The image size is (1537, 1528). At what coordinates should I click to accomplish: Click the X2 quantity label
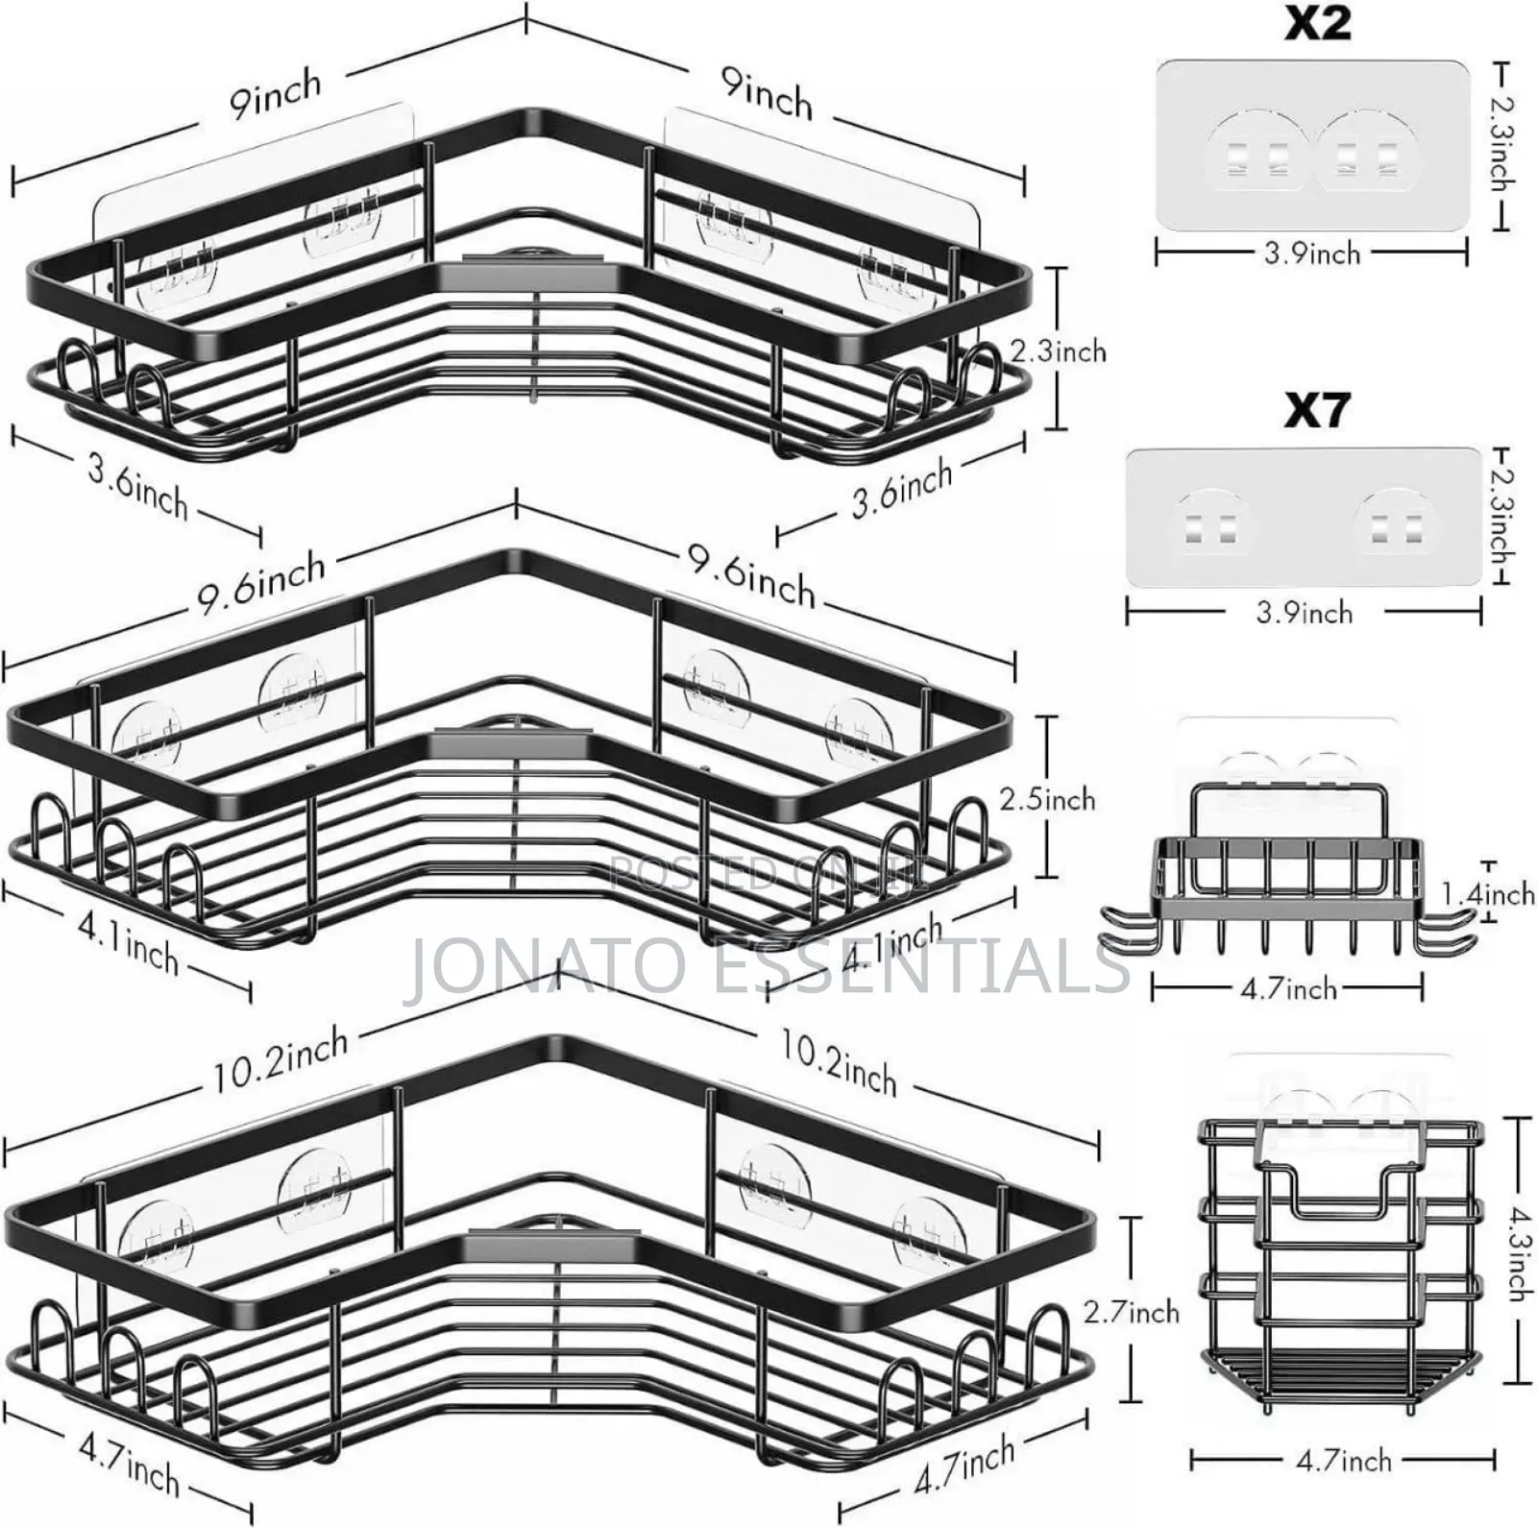pyautogui.click(x=1319, y=23)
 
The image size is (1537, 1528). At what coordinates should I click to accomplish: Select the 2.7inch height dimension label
pyautogui.click(x=1131, y=1312)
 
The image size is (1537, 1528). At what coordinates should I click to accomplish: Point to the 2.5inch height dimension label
pyautogui.click(x=1047, y=799)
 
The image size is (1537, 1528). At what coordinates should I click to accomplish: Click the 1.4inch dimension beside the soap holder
pyautogui.click(x=1488, y=895)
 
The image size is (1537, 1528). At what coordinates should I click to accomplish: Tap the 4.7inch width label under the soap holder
pyautogui.click(x=1288, y=987)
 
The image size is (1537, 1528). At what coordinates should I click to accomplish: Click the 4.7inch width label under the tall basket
pyautogui.click(x=1343, y=1460)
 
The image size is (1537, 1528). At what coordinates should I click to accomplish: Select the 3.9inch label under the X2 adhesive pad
pyautogui.click(x=1312, y=254)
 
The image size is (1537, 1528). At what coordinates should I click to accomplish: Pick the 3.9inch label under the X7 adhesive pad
pyautogui.click(x=1304, y=613)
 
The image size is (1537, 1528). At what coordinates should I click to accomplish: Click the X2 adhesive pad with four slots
pyautogui.click(x=1312, y=146)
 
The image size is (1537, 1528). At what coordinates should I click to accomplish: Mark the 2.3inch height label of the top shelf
pyautogui.click(x=1058, y=351)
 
